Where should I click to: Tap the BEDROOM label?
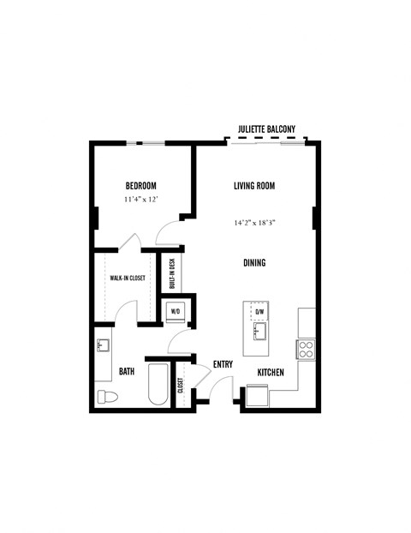[141, 186]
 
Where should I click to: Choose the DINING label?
[254, 263]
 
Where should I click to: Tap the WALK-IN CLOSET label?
[127, 278]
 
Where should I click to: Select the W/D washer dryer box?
[176, 311]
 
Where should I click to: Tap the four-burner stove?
[306, 348]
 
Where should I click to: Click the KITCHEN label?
[271, 373]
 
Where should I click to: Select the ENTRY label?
[223, 365]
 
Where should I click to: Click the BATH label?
[127, 372]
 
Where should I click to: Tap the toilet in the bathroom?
[107, 397]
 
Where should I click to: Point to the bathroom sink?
[103, 346]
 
